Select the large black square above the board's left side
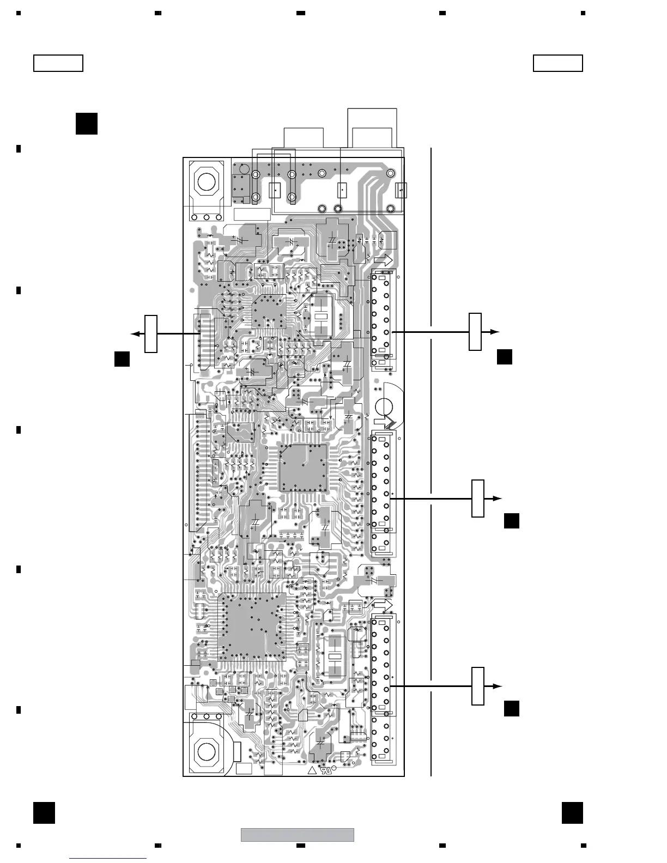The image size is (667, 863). point(87,123)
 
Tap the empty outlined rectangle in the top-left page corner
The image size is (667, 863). point(58,63)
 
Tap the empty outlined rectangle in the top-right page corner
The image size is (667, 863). point(557,63)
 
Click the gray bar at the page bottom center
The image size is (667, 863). point(298,834)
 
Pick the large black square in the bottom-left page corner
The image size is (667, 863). point(44,812)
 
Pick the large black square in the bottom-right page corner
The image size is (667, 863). point(572,812)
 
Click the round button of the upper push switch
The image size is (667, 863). point(206,181)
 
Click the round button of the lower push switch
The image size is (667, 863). point(206,751)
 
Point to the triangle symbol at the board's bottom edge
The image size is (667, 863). point(312,771)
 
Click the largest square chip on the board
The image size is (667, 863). point(252,627)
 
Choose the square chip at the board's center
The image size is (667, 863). point(303,467)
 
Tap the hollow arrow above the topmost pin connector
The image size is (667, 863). point(383,261)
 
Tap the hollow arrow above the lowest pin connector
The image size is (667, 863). point(383,605)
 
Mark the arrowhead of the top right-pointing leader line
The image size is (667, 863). point(495,331)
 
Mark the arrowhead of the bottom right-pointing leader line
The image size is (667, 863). point(497,686)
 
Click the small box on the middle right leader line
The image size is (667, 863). point(477,498)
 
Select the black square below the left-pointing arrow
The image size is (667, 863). point(122,359)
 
